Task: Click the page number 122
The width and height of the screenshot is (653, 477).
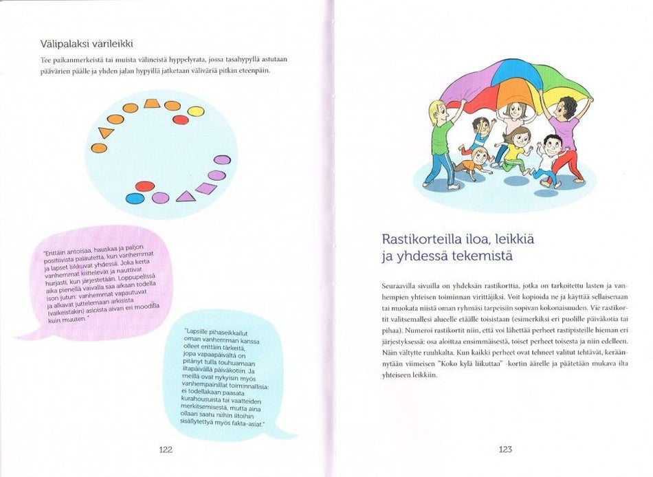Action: coord(165,450)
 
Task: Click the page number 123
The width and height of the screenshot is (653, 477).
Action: coord(505,450)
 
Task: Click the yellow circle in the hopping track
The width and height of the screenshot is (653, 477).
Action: coord(196,111)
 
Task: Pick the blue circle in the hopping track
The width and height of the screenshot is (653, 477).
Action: coord(135,199)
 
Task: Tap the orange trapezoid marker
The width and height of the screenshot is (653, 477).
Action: coord(152,104)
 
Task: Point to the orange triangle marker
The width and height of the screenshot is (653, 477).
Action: coord(106,132)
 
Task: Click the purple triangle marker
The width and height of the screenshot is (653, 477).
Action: coord(185,197)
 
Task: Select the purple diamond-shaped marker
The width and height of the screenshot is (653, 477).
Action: coord(206,188)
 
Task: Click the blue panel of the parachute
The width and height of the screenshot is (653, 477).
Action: coord(514,72)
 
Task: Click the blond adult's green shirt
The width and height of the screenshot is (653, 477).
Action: coord(442,137)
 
